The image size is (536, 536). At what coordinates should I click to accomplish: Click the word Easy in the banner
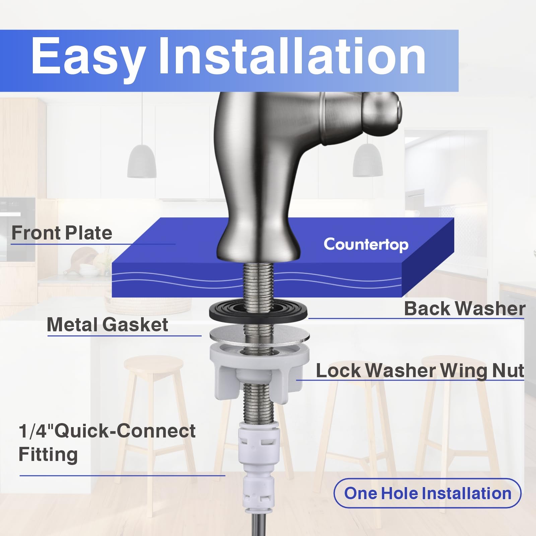coord(88,56)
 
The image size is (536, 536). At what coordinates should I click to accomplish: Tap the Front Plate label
coord(62,233)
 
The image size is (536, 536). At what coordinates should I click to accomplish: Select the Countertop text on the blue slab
coord(366,245)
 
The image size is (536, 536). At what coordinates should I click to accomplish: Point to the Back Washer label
coord(465,308)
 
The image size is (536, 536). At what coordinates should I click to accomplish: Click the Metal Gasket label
coord(107,325)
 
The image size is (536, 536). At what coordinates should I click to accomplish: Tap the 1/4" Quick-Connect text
coord(107,431)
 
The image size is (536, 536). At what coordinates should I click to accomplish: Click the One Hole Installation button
coord(427,493)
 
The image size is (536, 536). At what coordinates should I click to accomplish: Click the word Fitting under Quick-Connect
coord(48,455)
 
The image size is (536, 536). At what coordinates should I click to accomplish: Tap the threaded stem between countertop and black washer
coord(258,282)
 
